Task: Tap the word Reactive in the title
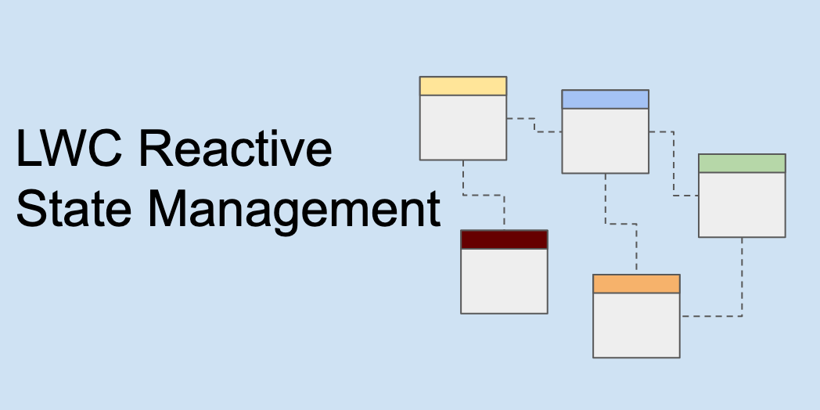pos(236,149)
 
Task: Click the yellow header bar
pos(463,86)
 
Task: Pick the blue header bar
pos(605,99)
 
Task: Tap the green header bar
pos(742,164)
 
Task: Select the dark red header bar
pos(504,239)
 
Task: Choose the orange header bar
pos(636,284)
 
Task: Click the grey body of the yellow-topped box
pos(463,128)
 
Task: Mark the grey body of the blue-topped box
pos(605,141)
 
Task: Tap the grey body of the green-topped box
pos(742,204)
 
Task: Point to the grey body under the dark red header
pos(504,281)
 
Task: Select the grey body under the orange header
pos(636,325)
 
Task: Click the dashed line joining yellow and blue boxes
pos(534,125)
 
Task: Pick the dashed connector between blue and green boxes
pos(673,164)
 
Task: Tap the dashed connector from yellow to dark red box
pos(483,195)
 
